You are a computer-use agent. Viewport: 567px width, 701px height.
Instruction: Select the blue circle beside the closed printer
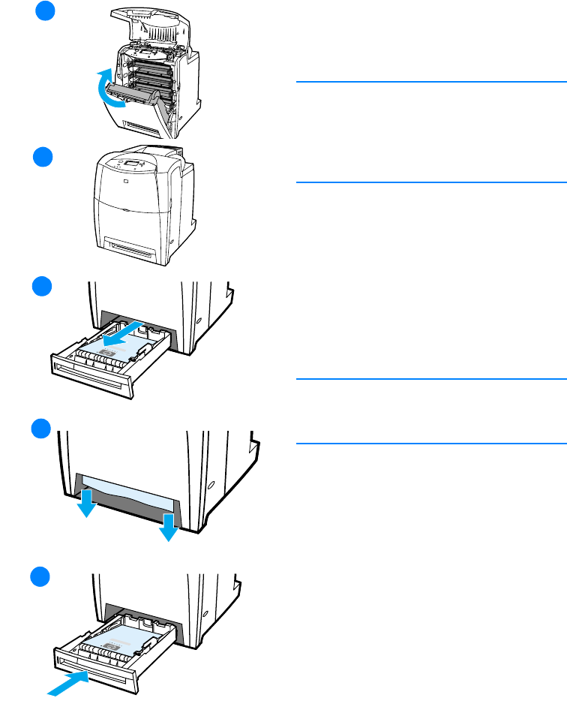(46, 159)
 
